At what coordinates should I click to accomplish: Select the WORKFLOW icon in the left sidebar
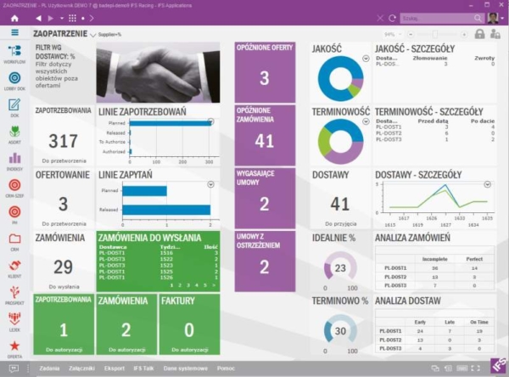tap(14, 53)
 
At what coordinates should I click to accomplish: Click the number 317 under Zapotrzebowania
tap(63, 141)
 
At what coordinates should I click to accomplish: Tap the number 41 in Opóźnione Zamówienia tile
tap(264, 141)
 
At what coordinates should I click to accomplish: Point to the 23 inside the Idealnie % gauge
tap(339, 268)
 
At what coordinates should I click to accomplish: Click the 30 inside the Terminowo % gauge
tap(339, 330)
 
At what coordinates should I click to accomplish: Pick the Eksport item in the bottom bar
tap(115, 368)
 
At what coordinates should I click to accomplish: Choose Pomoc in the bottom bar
tap(225, 368)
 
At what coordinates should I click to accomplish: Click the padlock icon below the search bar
tap(480, 34)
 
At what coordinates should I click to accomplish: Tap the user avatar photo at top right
tap(493, 17)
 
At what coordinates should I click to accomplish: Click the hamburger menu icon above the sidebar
tap(14, 32)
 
